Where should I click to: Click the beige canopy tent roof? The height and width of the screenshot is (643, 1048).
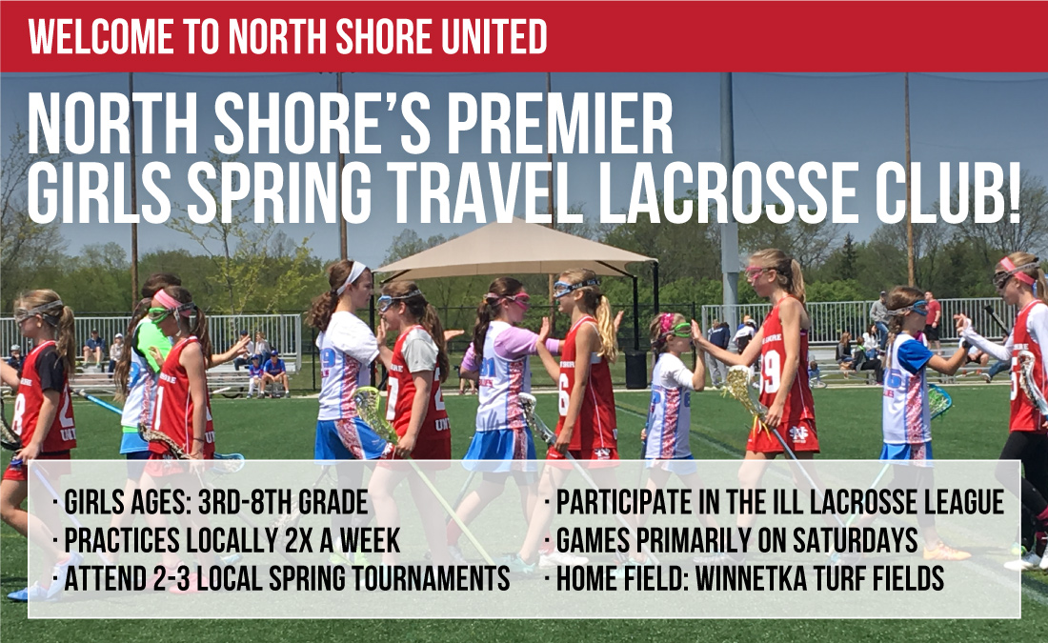pyautogui.click(x=514, y=249)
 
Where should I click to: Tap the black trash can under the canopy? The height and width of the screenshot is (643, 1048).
pyautogui.click(x=635, y=369)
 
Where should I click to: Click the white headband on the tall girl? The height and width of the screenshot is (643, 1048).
pyautogui.click(x=352, y=276)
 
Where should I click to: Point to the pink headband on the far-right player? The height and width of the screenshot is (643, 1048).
pyautogui.click(x=1016, y=270)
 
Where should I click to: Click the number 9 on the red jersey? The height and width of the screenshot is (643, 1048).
pyautogui.click(x=771, y=373)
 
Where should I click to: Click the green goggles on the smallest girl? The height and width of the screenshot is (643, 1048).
pyautogui.click(x=677, y=331)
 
